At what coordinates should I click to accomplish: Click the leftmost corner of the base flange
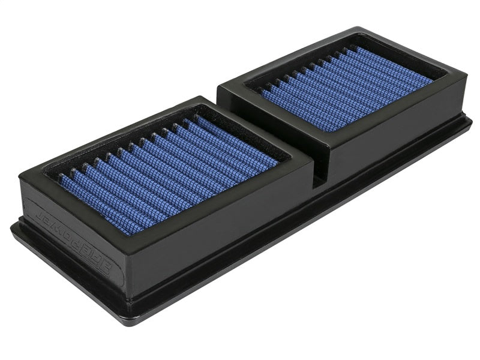coord(12,226)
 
